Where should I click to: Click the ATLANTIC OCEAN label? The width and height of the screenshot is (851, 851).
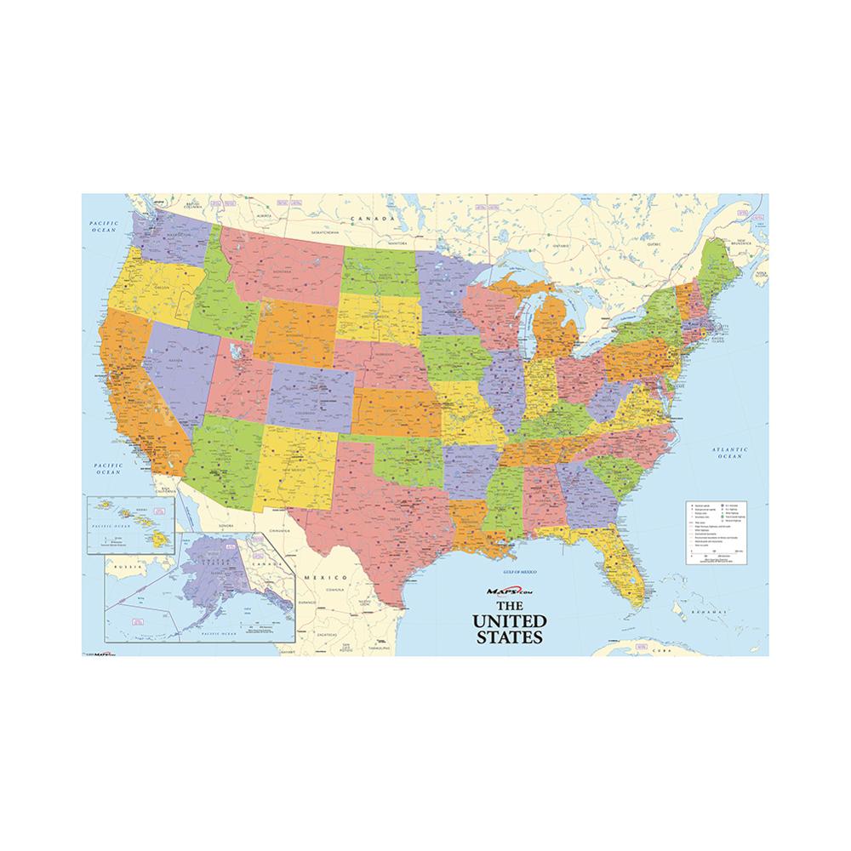coord(730,453)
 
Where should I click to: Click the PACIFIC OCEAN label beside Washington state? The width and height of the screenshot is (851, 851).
coord(103,225)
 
